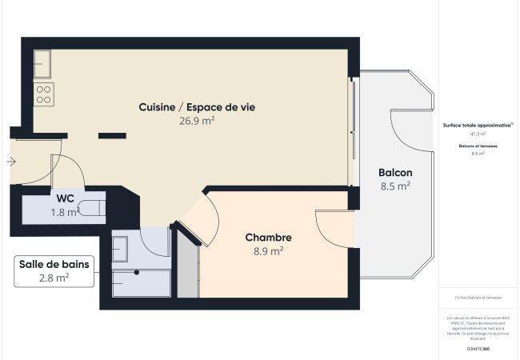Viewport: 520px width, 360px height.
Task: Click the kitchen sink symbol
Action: pos(42,62)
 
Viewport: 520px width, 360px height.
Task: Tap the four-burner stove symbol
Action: pos(43,94)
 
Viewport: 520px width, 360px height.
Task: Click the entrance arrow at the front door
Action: pos(10,162)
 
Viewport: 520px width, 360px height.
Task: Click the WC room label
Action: pos(66,198)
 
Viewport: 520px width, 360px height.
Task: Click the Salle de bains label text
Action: pos(53,263)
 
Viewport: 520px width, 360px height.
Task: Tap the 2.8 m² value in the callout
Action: pos(53,278)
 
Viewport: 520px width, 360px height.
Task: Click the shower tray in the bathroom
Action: pos(141,283)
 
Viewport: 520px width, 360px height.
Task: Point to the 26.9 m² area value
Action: pos(197,121)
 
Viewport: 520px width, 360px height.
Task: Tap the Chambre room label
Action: pos(268,238)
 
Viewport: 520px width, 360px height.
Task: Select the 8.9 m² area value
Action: pos(268,251)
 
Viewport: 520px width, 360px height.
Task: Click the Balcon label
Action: pos(395,173)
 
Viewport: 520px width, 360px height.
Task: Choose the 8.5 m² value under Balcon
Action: pos(395,186)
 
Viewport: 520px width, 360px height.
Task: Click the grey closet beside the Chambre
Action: pos(186,267)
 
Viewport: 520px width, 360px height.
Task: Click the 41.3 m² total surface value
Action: pos(478,134)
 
